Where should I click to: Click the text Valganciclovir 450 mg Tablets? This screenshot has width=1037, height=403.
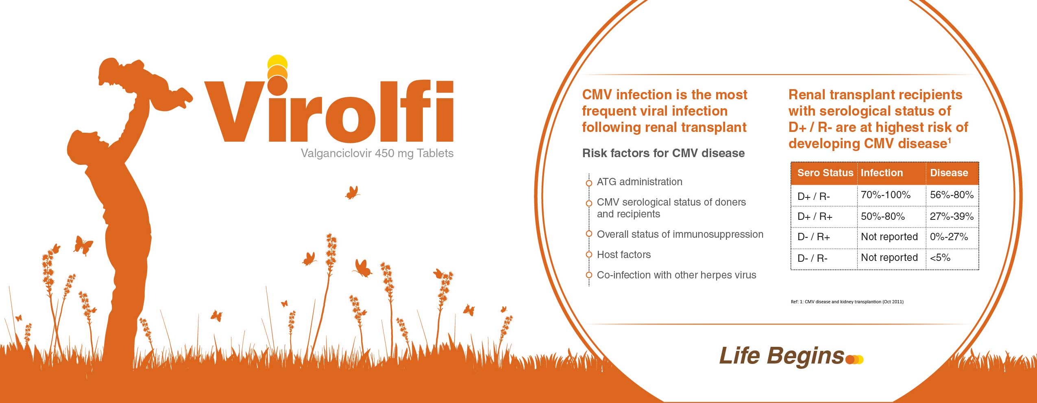click(377, 153)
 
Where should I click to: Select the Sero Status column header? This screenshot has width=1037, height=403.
click(825, 173)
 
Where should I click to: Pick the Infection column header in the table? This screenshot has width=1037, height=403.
click(882, 173)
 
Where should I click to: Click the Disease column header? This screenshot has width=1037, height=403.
click(949, 173)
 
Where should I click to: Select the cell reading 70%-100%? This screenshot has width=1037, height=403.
click(886, 195)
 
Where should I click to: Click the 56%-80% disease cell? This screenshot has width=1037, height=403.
click(952, 195)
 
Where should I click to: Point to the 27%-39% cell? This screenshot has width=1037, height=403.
click(952, 216)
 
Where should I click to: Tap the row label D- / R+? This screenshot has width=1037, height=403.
click(813, 237)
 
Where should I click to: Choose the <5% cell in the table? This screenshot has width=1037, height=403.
click(940, 258)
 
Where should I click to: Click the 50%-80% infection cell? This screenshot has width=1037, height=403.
click(883, 216)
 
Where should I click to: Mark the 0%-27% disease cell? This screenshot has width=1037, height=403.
click(949, 237)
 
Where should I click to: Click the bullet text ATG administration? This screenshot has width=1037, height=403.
click(639, 182)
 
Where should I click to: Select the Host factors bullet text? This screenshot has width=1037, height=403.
click(624, 255)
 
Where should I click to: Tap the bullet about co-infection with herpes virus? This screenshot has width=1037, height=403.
click(676, 275)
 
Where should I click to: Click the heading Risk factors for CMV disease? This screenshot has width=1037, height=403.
click(663, 153)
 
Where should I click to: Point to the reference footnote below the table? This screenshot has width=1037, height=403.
click(847, 302)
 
